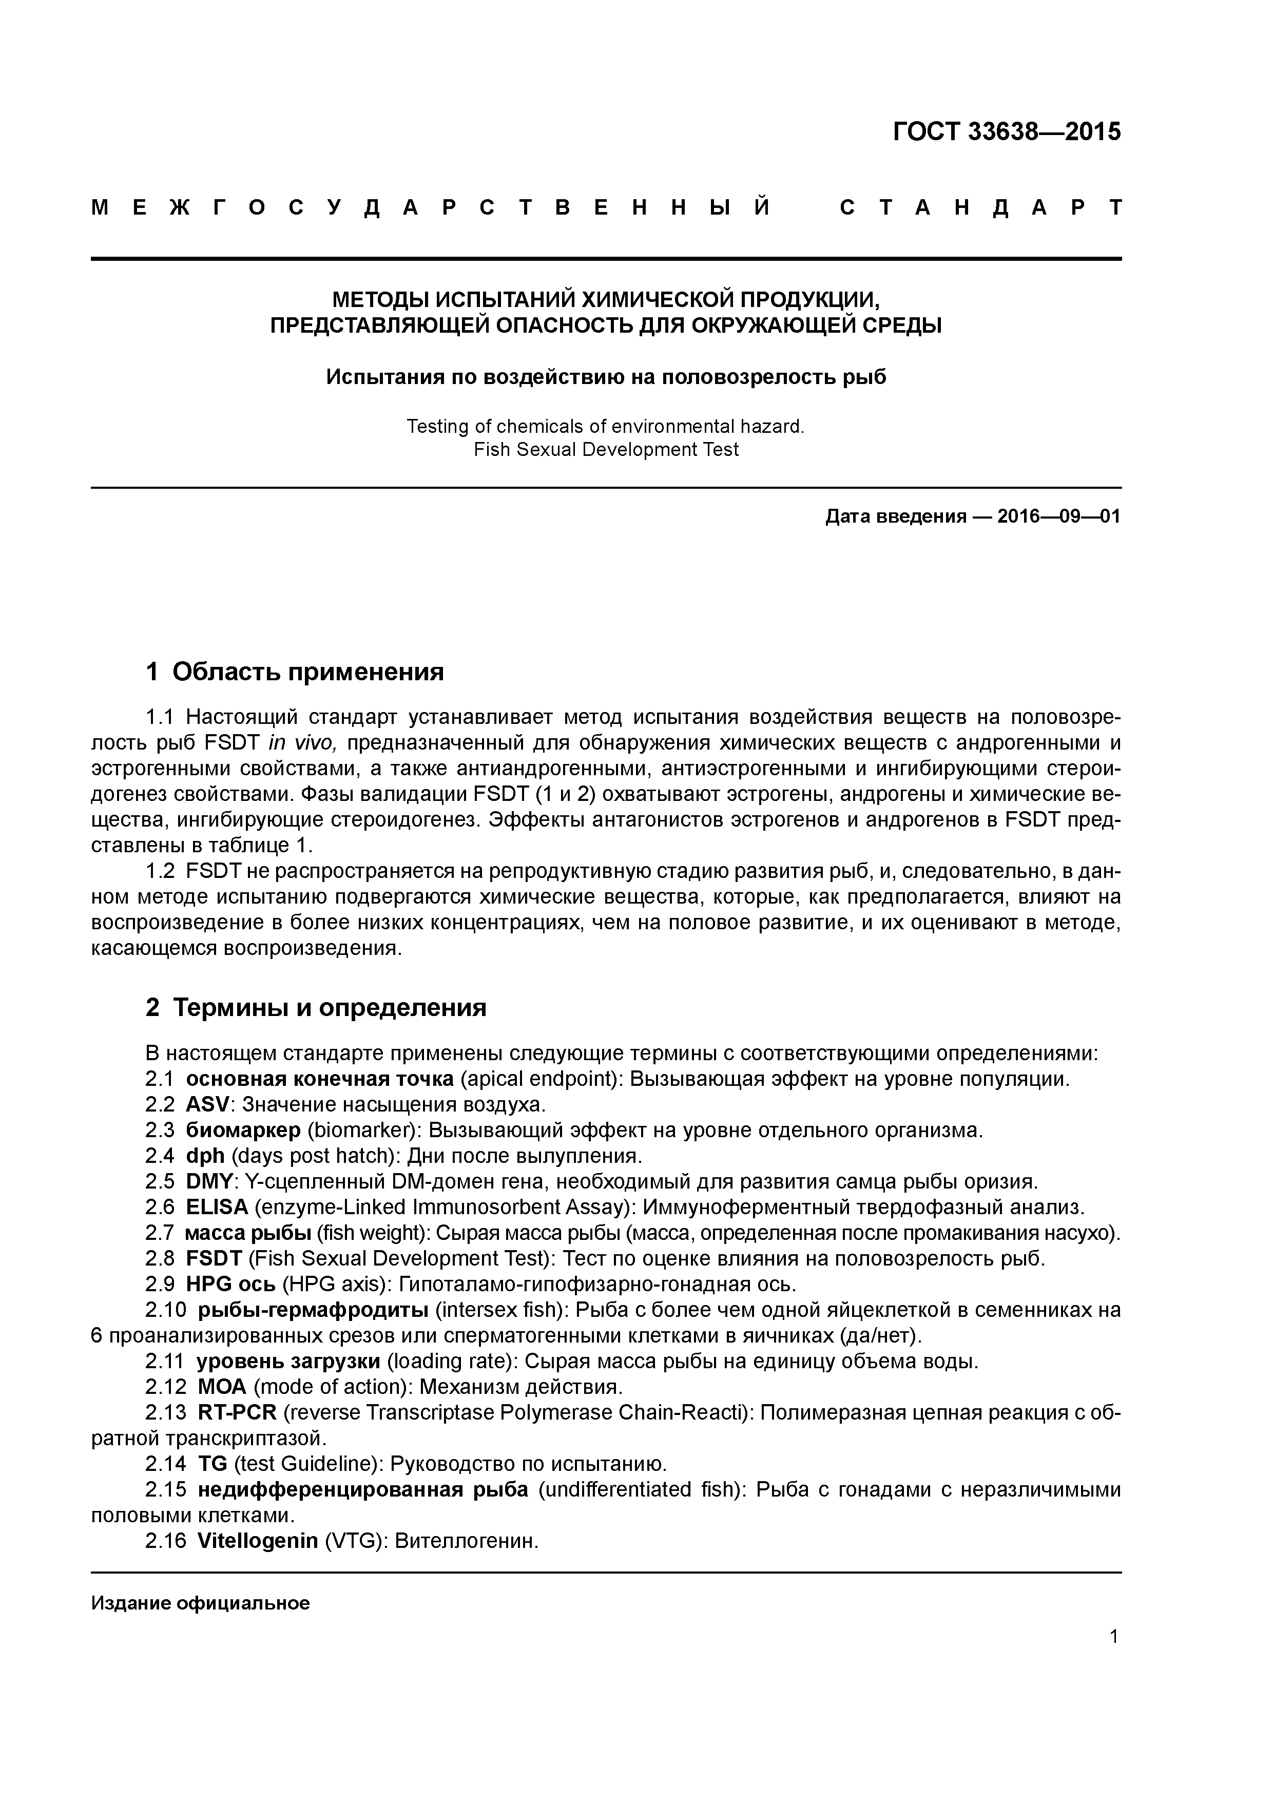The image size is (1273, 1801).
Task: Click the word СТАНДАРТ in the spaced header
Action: coord(980,208)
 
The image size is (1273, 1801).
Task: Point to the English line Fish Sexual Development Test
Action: coord(606,449)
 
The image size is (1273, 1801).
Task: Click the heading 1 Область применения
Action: coord(295,672)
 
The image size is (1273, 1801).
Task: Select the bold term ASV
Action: coord(208,1104)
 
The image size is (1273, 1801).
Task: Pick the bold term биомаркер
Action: coord(243,1131)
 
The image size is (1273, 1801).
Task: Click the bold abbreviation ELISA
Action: coord(217,1207)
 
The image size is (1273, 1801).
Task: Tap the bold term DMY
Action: coord(208,1181)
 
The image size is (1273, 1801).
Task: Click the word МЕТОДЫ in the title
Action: coord(380,300)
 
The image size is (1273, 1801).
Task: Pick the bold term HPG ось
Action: coord(230,1284)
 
